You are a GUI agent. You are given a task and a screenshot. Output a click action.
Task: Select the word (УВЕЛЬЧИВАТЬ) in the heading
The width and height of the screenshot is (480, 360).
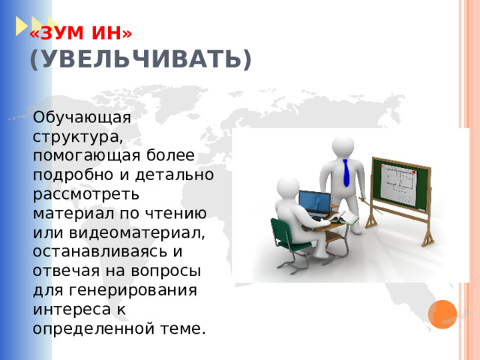point(141,58)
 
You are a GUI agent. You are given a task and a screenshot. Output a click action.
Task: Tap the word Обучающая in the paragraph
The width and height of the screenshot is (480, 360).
point(82,118)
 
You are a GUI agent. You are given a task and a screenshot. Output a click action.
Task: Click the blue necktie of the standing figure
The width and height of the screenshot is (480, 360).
point(346,173)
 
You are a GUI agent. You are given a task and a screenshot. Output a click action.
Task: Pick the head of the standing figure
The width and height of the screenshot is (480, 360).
point(343,143)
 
